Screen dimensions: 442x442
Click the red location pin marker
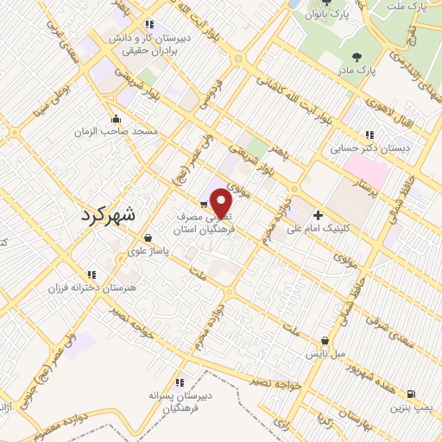[x=223, y=205]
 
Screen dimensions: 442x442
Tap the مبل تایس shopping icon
[x=325, y=340]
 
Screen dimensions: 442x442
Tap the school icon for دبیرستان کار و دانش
[x=150, y=25]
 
